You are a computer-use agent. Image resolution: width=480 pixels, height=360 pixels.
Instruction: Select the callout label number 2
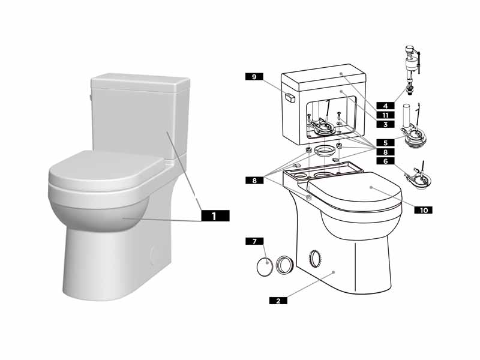[x=278, y=301]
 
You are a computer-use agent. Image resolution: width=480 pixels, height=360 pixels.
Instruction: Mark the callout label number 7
[x=254, y=241]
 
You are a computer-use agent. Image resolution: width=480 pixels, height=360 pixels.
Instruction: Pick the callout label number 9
[x=254, y=77]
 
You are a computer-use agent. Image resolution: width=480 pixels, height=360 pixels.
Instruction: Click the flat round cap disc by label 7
[x=264, y=265]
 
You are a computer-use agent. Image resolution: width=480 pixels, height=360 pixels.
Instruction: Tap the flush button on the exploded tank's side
[x=289, y=97]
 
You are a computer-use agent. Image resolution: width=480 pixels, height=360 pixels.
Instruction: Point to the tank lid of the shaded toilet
[x=140, y=83]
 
